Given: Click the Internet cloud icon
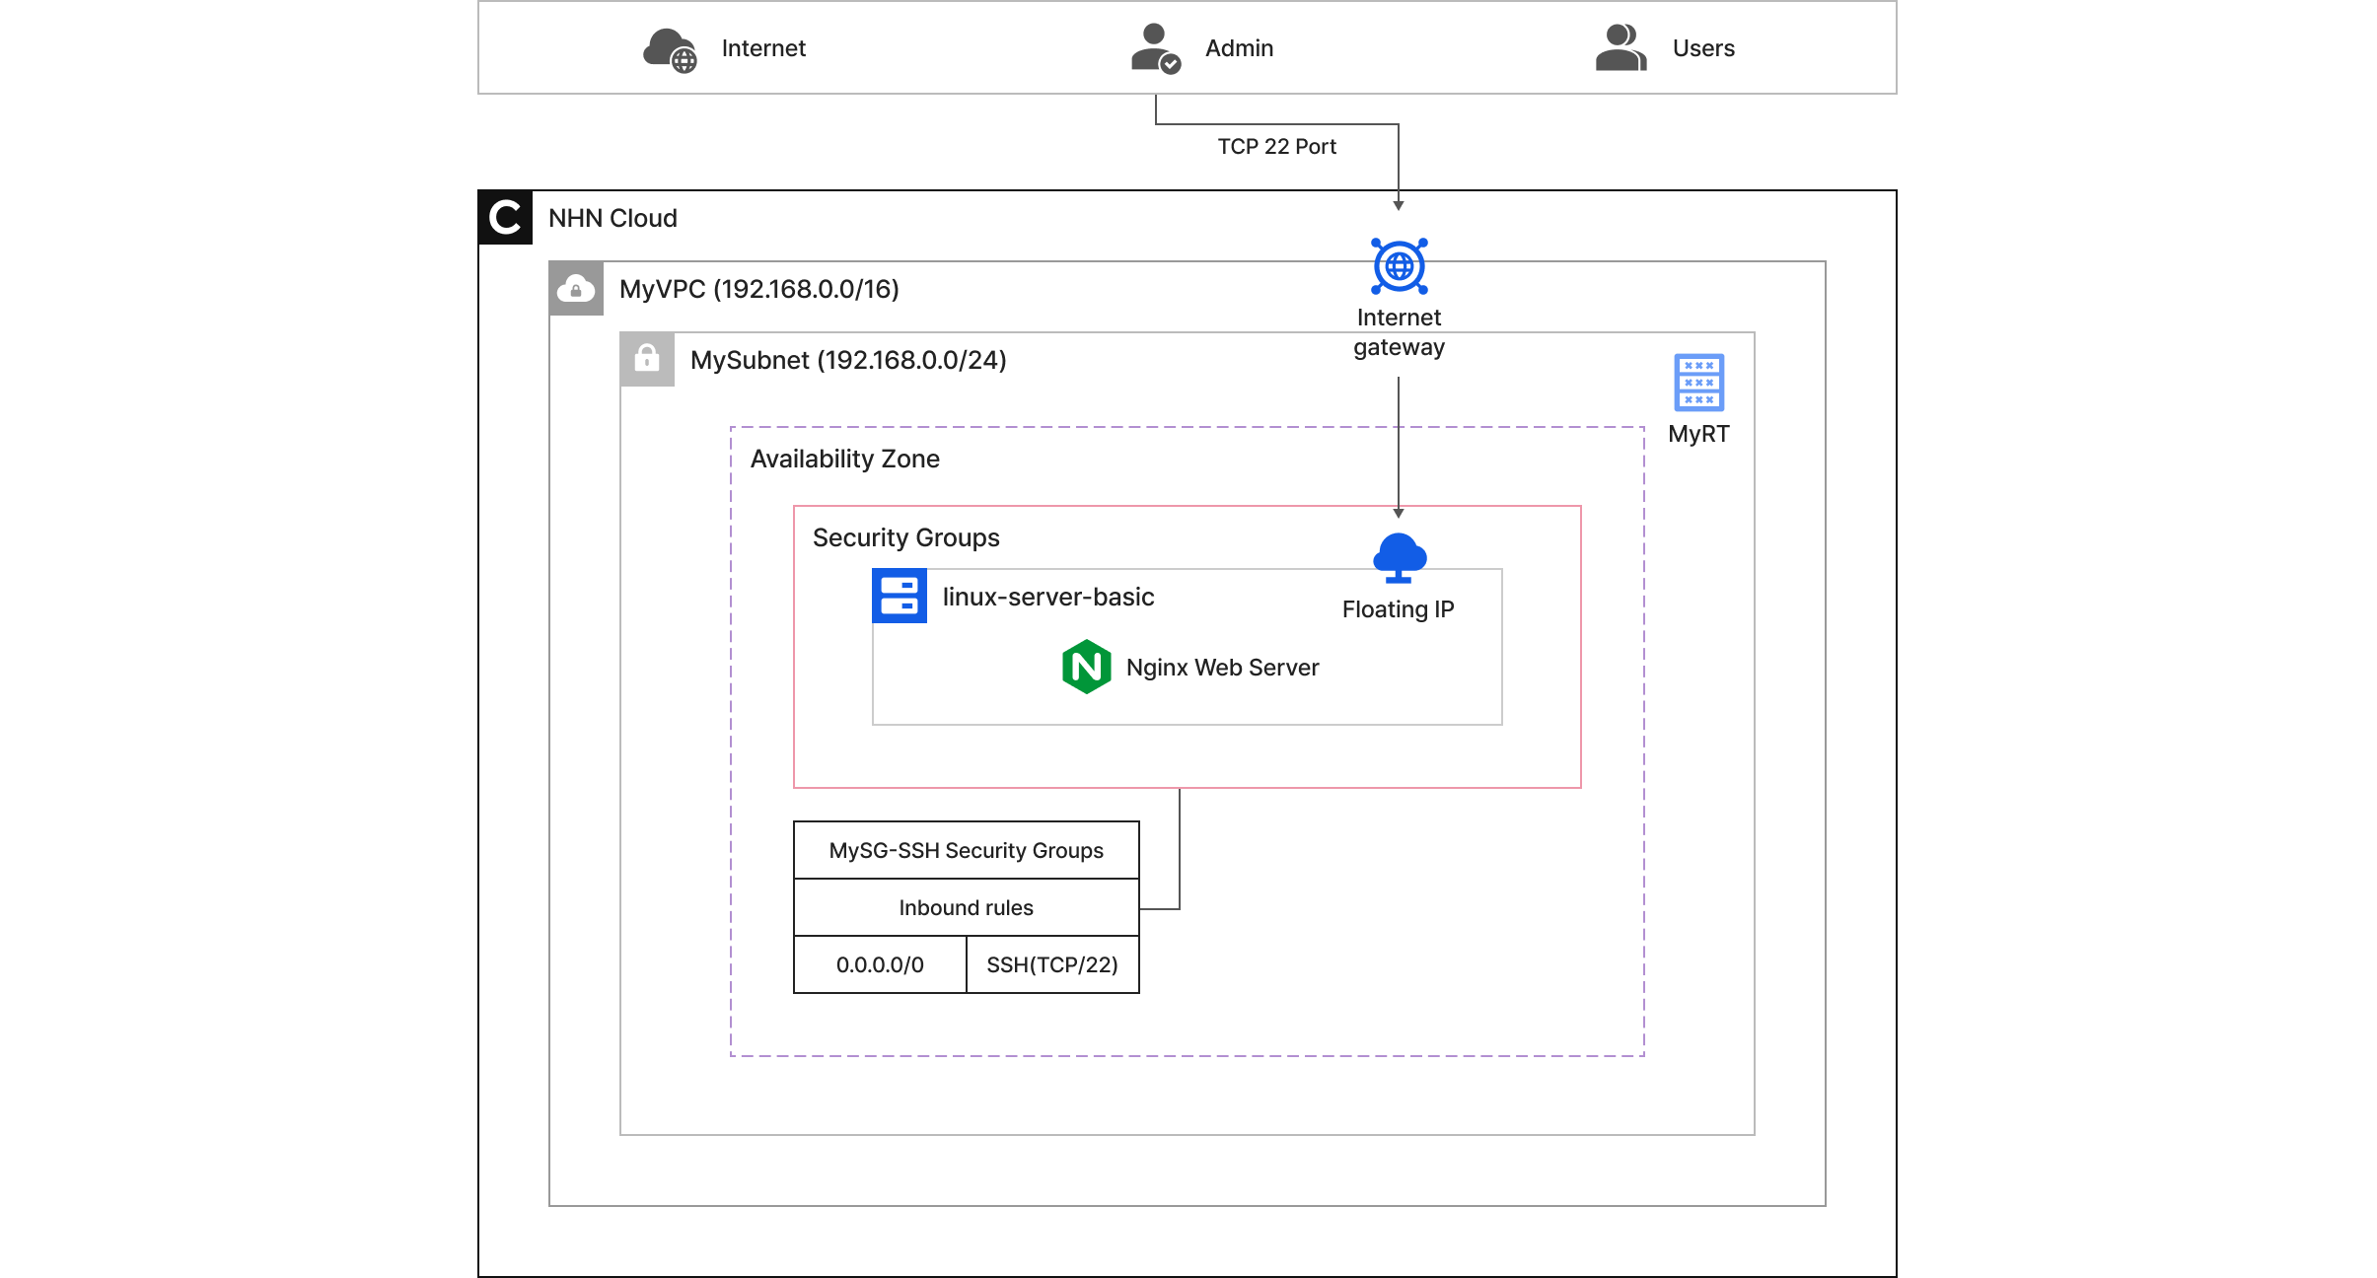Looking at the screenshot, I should (670, 49).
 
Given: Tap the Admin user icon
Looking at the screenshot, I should (1154, 48).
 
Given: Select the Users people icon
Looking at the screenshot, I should (1621, 48).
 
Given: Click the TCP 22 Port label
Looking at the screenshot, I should (1276, 147).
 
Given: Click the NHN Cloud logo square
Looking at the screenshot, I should (505, 217).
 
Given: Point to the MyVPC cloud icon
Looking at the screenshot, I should (576, 289).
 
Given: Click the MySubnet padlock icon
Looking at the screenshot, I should (647, 359).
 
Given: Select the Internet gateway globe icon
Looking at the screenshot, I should (1399, 266).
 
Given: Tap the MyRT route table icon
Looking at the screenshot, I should (1698, 383).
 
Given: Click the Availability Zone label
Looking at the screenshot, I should (844, 459).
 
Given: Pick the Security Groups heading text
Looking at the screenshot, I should (905, 537).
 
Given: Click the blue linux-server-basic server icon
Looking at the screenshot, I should (899, 596).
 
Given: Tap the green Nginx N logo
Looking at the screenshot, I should (1086, 667).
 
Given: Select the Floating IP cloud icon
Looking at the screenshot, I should (1399, 558).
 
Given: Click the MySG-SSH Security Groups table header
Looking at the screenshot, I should (966, 850).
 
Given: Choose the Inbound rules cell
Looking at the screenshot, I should (966, 907).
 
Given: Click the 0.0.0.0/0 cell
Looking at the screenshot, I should (880, 964).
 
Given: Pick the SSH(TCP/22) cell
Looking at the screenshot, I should (1051, 964).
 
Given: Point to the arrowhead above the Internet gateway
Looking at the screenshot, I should (1398, 205).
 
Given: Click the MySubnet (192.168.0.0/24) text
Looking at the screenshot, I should (847, 360).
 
